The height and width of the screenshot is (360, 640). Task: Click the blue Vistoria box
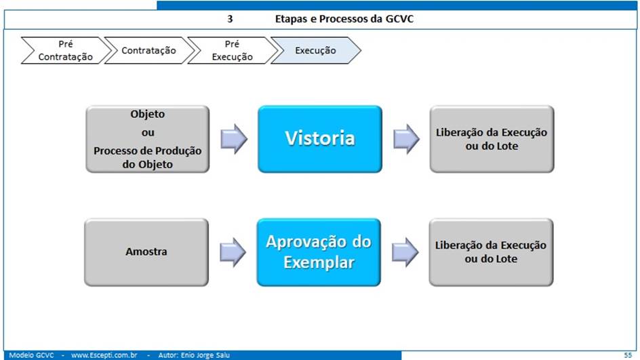click(x=320, y=139)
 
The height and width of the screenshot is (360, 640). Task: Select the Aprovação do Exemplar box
click(x=319, y=252)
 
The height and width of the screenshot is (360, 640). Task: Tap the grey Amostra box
click(x=146, y=252)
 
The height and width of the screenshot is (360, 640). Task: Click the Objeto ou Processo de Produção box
click(x=147, y=139)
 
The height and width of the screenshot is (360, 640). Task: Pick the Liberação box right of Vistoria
click(x=492, y=139)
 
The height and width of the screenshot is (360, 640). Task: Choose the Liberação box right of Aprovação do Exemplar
click(x=491, y=252)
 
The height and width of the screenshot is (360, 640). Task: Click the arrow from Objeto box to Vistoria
click(x=234, y=139)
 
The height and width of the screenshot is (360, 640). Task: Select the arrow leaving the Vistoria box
click(x=406, y=139)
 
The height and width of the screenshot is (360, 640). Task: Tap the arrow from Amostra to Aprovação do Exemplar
click(x=233, y=252)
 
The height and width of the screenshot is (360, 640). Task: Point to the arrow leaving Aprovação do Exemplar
click(x=405, y=252)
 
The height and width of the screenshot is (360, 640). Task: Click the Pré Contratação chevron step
click(x=66, y=50)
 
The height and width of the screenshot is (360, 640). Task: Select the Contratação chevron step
click(x=149, y=50)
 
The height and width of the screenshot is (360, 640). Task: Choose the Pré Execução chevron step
click(x=233, y=50)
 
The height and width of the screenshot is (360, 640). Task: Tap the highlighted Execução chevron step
click(x=315, y=50)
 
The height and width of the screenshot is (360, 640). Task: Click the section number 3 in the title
click(x=230, y=19)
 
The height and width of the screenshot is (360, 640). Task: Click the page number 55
click(x=628, y=355)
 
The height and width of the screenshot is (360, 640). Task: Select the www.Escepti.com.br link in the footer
click(x=104, y=355)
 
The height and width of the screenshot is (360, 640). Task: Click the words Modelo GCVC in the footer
click(x=31, y=355)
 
